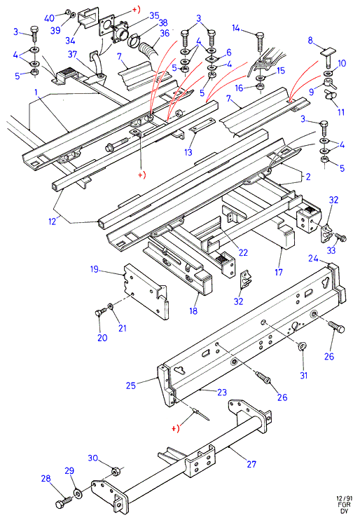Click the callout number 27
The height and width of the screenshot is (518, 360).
tap(251, 464)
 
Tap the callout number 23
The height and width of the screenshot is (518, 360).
tap(222, 392)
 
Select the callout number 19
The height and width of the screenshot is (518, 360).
tap(95, 269)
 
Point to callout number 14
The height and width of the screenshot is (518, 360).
tap(235, 28)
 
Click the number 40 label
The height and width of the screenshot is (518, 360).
tap(49, 18)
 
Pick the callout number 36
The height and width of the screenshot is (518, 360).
tap(165, 33)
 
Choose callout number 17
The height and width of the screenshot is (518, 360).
tap(279, 272)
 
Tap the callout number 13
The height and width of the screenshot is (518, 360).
tap(188, 152)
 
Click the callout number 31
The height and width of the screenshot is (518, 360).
tap(303, 375)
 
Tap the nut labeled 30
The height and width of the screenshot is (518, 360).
tap(116, 470)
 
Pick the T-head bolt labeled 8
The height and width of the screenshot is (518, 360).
tap(328, 57)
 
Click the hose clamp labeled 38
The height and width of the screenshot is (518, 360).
tap(133, 40)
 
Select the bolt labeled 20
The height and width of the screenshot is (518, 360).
tap(101, 311)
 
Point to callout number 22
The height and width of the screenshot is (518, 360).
tap(243, 252)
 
